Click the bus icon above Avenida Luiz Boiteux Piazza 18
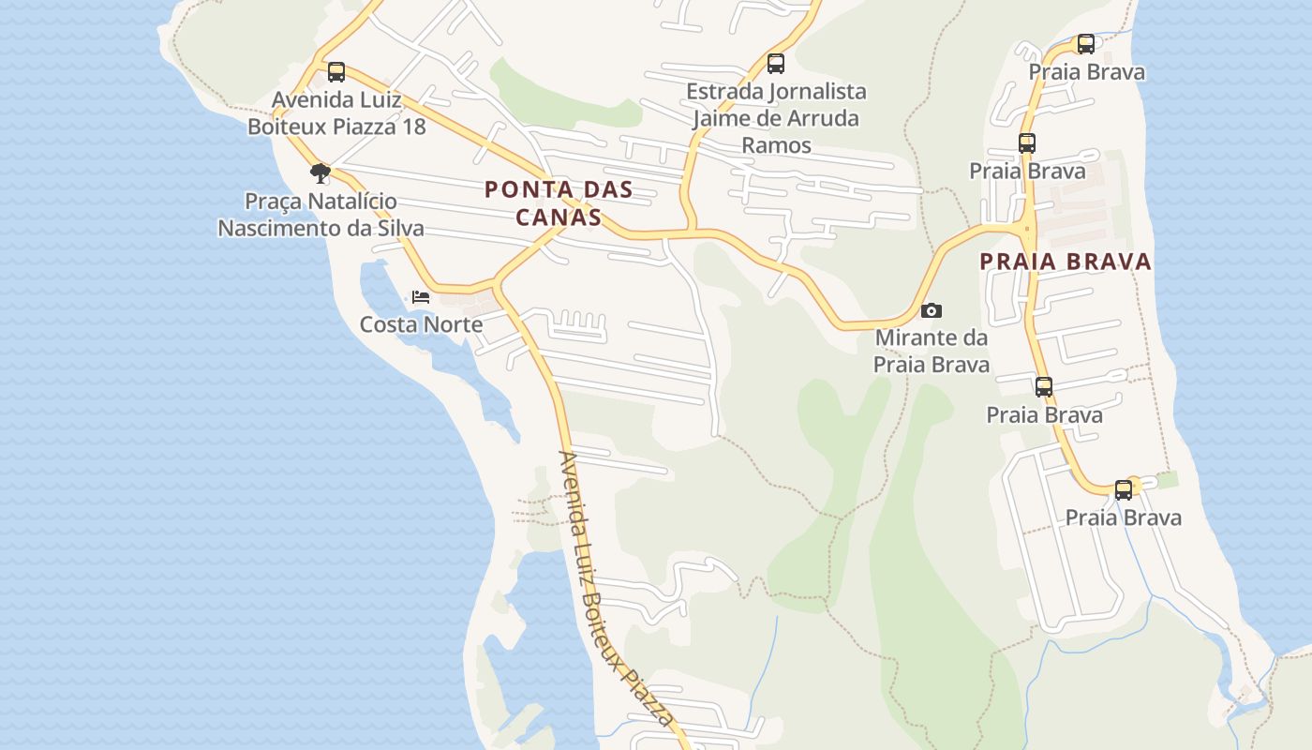(335, 72)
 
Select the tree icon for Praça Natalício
(321, 172)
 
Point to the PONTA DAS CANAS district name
(559, 203)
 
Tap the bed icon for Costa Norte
(421, 297)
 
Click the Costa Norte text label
(422, 324)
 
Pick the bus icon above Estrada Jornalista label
(776, 64)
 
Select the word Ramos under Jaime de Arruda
(776, 144)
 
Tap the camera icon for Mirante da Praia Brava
(932, 310)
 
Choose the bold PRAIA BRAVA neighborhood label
(1066, 262)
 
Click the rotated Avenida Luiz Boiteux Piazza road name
(614, 589)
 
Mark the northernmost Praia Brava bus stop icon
(1086, 44)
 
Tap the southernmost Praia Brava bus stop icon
(1124, 490)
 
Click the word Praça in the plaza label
(275, 202)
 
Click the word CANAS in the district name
(559, 217)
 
